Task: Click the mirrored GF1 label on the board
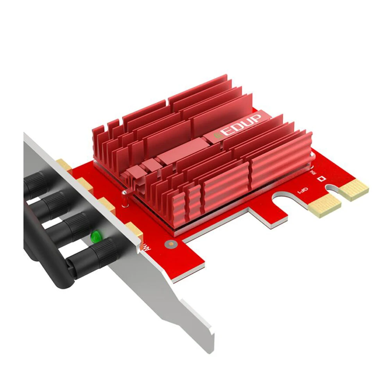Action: pos(302,190)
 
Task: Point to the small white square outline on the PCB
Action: pos(322,179)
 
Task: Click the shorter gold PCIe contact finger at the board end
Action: pos(354,189)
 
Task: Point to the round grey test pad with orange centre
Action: pos(169,244)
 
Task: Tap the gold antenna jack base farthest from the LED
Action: pos(64,164)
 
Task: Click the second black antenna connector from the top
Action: pos(55,203)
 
